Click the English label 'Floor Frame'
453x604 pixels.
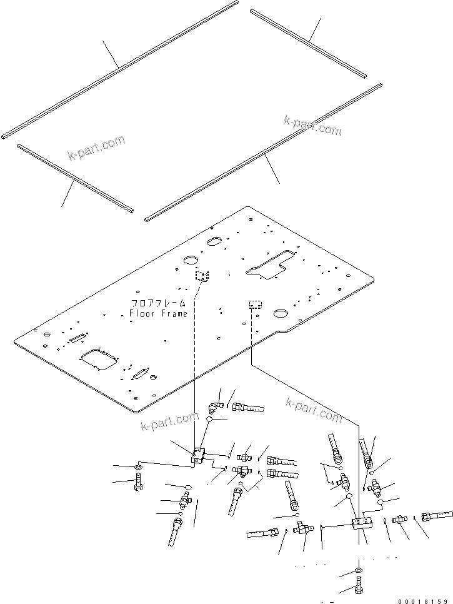point(158,313)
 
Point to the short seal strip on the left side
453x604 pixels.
point(75,178)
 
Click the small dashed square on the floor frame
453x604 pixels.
point(201,276)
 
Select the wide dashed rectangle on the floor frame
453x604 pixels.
point(255,305)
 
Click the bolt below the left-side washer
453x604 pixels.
point(138,483)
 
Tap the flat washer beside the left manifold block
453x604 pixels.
point(138,467)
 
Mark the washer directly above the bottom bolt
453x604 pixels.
point(357,571)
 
